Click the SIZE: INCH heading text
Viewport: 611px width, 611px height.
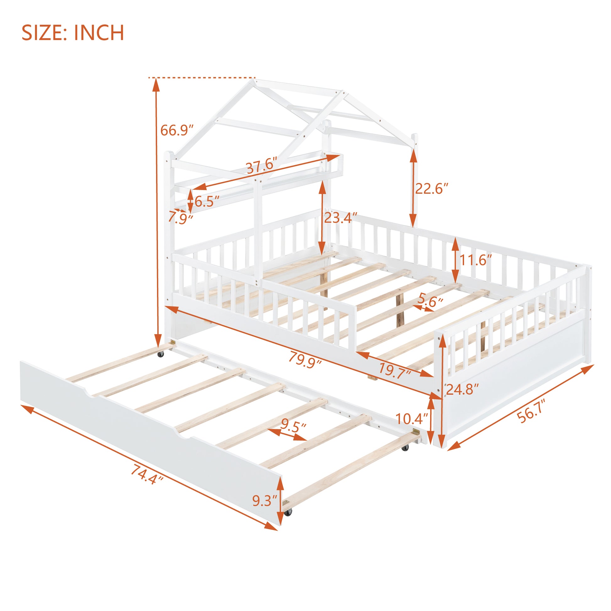pos(73,33)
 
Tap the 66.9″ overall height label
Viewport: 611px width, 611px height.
pos(176,130)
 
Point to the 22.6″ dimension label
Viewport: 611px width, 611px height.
pos(432,189)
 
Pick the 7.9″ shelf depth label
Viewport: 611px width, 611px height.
pos(180,218)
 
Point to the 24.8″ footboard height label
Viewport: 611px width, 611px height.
pos(462,389)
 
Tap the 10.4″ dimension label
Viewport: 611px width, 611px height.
pos(411,419)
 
